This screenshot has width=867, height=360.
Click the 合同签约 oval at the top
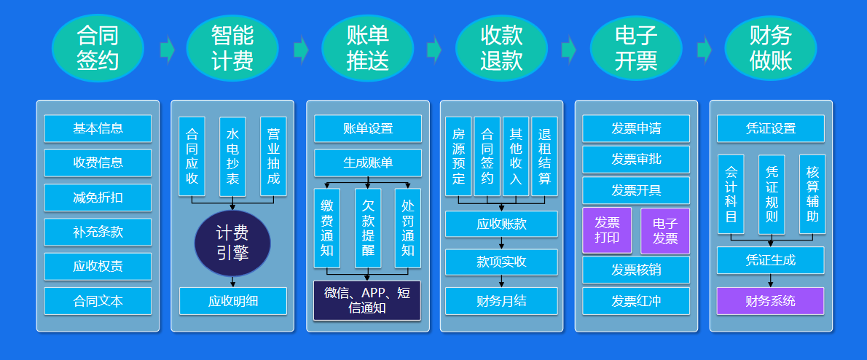click(98, 48)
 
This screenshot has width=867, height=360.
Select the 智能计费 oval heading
click(232, 48)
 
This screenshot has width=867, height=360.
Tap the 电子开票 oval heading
click(636, 48)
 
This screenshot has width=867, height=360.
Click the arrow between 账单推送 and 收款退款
click(434, 50)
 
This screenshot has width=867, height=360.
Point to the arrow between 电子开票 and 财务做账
click(704, 50)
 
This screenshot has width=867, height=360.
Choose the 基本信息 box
click(98, 128)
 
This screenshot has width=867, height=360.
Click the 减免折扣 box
click(98, 197)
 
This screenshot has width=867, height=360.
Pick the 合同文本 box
click(98, 301)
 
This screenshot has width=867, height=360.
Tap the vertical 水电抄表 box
click(232, 157)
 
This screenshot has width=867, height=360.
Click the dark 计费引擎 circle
click(232, 243)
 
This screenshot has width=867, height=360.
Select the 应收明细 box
click(233, 301)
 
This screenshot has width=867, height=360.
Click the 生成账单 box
click(368, 163)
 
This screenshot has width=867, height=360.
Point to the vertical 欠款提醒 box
click(368, 228)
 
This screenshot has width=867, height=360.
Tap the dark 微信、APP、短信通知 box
click(367, 300)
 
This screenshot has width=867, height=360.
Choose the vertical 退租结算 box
click(545, 157)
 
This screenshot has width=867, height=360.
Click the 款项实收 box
click(501, 262)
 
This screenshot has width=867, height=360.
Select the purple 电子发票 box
click(665, 230)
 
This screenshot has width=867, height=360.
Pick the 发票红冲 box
click(636, 301)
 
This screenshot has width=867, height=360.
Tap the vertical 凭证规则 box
click(772, 194)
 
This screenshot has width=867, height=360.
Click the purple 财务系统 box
click(770, 301)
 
